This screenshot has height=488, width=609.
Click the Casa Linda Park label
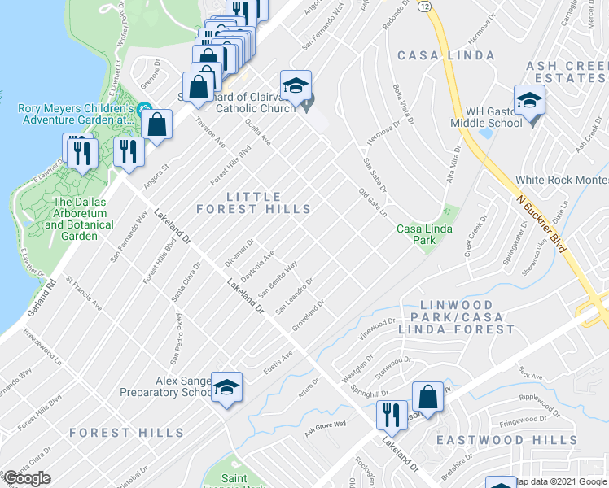422,234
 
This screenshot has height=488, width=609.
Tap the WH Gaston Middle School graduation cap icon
529,101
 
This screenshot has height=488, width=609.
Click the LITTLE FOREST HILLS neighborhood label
253,203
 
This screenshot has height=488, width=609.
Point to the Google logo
27,478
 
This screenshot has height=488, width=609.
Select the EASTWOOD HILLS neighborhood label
507,440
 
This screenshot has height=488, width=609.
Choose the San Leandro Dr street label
294,298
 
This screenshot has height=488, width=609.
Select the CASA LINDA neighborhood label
445,55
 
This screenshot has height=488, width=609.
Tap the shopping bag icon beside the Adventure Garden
157,125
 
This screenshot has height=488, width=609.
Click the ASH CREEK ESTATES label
567,72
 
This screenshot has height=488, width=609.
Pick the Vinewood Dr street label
376,329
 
